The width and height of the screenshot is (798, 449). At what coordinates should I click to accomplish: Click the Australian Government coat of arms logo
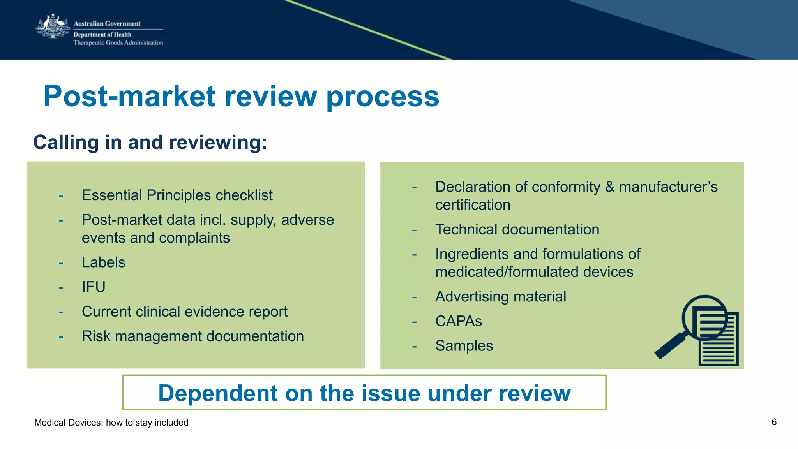click(53, 26)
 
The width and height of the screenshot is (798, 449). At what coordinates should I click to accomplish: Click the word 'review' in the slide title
click(270, 96)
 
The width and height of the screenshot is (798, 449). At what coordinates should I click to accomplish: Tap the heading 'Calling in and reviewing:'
click(150, 142)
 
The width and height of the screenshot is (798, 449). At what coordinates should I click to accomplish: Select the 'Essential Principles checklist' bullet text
click(177, 195)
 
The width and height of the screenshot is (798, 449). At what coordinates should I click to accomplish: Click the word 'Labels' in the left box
click(103, 262)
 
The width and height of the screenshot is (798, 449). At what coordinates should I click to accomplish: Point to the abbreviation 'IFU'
click(94, 287)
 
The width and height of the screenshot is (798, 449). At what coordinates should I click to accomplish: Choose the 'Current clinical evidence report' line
click(184, 312)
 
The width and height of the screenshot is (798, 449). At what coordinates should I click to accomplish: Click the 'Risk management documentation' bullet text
click(192, 336)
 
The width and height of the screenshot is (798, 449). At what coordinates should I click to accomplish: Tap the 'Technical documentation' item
click(517, 229)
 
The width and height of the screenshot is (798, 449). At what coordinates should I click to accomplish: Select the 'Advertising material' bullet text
click(500, 297)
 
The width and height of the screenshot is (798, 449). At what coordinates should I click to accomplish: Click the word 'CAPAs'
click(459, 321)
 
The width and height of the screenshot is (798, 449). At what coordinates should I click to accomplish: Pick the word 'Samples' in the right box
click(464, 346)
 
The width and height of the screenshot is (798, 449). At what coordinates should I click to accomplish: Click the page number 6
click(774, 422)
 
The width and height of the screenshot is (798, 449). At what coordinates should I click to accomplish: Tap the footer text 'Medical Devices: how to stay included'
click(111, 423)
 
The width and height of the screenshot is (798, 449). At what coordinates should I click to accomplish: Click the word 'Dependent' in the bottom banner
click(217, 393)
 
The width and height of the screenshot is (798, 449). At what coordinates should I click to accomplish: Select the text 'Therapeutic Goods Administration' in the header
click(118, 43)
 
